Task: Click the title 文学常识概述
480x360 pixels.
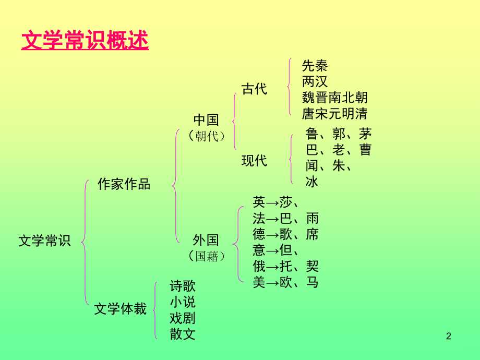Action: click(x=85, y=40)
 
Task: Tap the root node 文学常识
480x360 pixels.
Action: click(x=44, y=241)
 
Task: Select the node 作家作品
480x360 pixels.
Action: click(x=124, y=184)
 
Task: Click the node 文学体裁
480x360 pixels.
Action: click(x=121, y=309)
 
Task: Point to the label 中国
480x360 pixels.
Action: click(x=206, y=120)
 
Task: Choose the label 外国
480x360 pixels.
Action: click(x=206, y=241)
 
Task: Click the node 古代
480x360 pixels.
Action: click(x=255, y=89)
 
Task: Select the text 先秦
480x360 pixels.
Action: click(x=315, y=66)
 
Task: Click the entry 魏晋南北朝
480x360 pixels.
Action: click(x=334, y=98)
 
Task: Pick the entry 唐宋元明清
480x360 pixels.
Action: click(x=334, y=114)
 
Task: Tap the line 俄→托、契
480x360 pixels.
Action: click(x=285, y=266)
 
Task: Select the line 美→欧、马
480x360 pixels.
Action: click(x=285, y=282)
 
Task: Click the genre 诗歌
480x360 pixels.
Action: click(x=183, y=286)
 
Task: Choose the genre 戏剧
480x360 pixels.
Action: click(x=183, y=318)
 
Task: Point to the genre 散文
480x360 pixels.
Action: click(x=183, y=334)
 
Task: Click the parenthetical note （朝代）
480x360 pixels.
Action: click(x=207, y=136)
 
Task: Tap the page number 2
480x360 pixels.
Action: click(x=449, y=337)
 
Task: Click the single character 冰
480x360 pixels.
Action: click(x=312, y=182)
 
